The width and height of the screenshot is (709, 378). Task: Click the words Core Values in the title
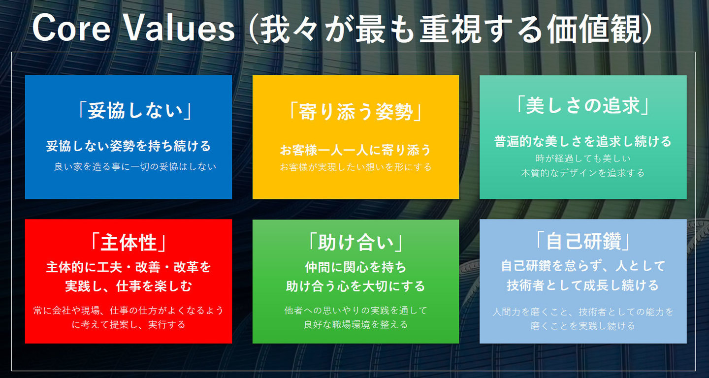[133, 29]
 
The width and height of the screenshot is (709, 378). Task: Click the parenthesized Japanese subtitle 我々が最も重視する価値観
[451, 29]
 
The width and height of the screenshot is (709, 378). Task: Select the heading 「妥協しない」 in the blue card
[133, 111]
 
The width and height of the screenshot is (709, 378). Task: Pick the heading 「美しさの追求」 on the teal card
[583, 105]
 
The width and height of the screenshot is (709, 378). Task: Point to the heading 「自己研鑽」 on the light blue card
[583, 241]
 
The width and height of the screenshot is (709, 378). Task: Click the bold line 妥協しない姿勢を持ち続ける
[129, 146]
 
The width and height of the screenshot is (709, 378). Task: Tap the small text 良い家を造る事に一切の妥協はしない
[135, 166]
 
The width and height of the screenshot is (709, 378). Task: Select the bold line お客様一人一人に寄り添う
[355, 150]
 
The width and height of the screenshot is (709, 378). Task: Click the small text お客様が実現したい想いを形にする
[355, 167]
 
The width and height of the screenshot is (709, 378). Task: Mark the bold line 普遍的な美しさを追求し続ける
[583, 142]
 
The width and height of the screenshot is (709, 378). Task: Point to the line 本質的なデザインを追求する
[583, 173]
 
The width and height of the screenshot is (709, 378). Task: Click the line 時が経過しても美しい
[583, 158]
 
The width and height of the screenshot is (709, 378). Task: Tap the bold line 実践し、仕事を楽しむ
[129, 286]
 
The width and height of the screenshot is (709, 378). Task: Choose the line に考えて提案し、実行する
[129, 325]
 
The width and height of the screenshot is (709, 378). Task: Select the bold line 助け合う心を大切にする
[355, 286]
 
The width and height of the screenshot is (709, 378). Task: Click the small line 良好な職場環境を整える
[355, 325]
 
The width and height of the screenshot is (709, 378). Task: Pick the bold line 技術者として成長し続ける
[583, 285]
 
